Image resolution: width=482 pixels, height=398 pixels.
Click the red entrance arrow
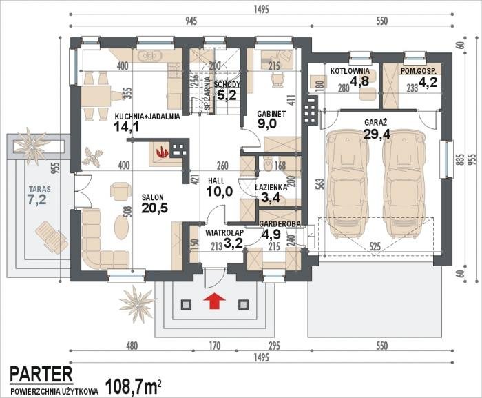click(x=214, y=301)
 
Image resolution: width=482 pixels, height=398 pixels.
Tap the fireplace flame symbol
click(x=162, y=152)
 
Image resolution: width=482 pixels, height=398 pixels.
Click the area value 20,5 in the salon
click(x=155, y=208)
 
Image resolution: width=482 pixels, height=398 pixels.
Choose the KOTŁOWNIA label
click(x=350, y=71)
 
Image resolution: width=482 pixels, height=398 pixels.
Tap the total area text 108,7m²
click(x=134, y=386)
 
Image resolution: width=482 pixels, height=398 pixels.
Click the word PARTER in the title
click(x=41, y=374)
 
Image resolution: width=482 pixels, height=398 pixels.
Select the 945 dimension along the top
click(x=191, y=21)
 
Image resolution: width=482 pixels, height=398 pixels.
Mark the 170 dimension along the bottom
click(x=215, y=346)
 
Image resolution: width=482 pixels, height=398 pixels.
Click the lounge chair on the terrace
click(x=52, y=237)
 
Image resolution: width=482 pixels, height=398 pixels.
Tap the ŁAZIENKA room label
click(x=271, y=187)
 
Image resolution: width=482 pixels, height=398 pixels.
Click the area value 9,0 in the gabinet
click(x=267, y=124)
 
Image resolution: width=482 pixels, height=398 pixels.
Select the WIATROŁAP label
click(x=224, y=232)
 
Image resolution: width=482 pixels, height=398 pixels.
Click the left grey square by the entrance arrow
click(x=185, y=305)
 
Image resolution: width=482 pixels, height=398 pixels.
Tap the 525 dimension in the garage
click(x=375, y=246)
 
